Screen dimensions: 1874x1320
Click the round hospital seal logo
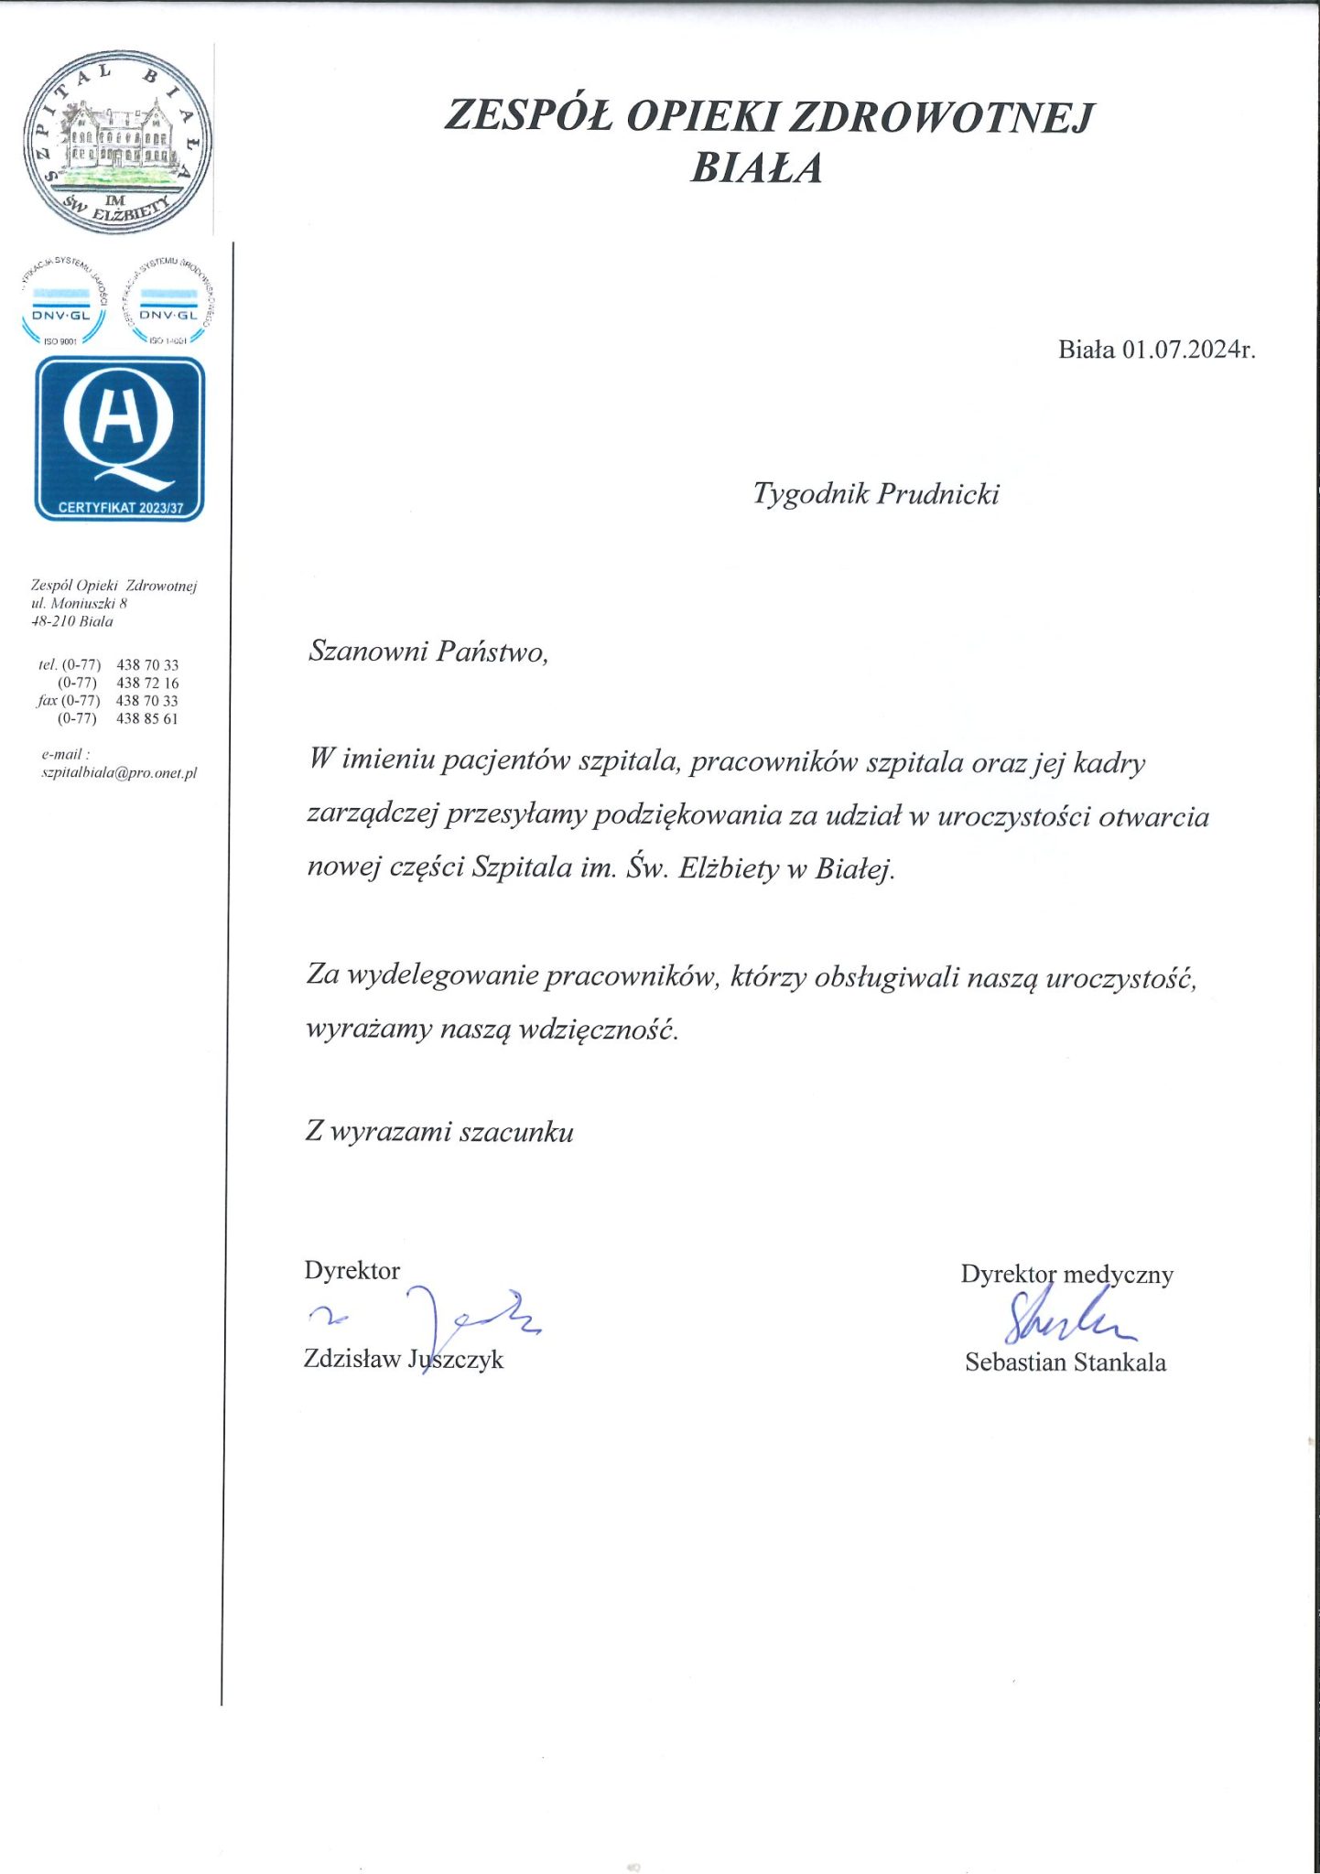click(117, 139)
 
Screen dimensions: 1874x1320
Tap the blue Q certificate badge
click(119, 438)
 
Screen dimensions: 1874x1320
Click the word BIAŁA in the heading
click(756, 168)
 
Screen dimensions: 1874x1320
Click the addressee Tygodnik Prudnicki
click(875, 494)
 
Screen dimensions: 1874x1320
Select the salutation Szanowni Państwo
click(427, 652)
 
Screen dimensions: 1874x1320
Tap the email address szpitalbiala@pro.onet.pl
click(119, 773)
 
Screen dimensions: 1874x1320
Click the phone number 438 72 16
click(147, 683)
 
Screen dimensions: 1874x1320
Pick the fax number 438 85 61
click(147, 719)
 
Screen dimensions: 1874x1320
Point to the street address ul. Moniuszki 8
click(79, 604)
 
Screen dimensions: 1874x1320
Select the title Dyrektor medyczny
click(1066, 1275)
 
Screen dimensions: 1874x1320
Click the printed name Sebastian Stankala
click(1066, 1362)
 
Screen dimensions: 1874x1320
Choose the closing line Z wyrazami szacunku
click(439, 1133)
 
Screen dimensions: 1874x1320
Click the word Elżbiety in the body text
click(729, 868)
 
